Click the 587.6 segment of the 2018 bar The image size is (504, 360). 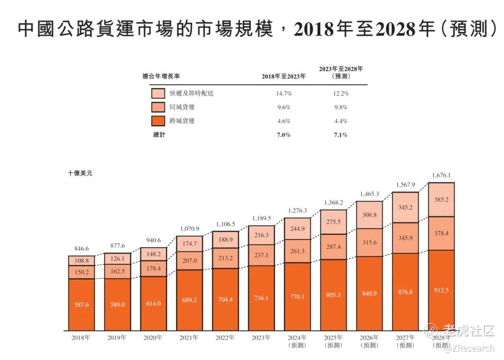pyautogui.click(x=82, y=304)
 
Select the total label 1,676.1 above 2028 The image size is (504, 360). pyautogui.click(x=441, y=176)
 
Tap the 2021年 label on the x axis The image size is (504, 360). pyautogui.click(x=189, y=337)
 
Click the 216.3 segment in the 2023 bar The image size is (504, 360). pyautogui.click(x=261, y=236)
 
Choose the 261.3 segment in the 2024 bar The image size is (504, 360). pyautogui.click(x=297, y=251)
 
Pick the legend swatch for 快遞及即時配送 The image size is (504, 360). pyautogui.click(x=158, y=93)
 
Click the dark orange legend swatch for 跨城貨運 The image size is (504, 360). pyautogui.click(x=158, y=121)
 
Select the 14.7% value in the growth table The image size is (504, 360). pyautogui.click(x=284, y=93)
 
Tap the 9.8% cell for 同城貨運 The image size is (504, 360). pyautogui.click(x=341, y=107)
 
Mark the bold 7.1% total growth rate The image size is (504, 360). pyautogui.click(x=341, y=135)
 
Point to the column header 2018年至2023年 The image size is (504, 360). pyautogui.click(x=284, y=77)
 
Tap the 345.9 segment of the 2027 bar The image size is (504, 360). pyautogui.click(x=405, y=238)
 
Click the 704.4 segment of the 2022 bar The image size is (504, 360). pyautogui.click(x=225, y=299)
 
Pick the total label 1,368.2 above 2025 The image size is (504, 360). pyautogui.click(x=333, y=203)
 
